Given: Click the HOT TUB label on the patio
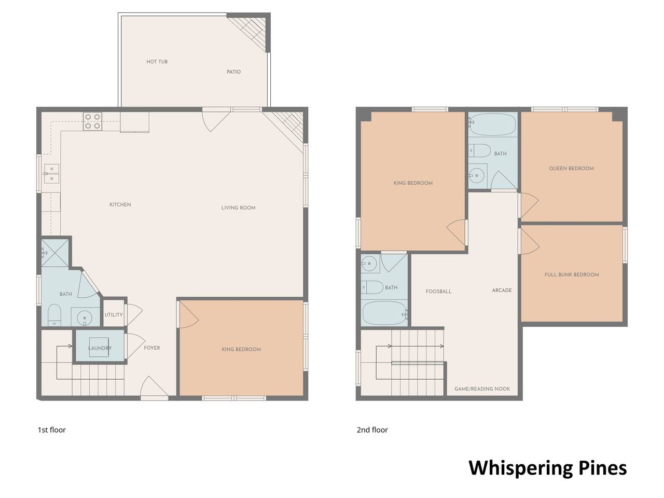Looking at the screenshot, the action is pos(157,62).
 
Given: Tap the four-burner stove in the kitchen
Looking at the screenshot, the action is pos(92,121).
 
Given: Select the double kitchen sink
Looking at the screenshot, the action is pos(51,174).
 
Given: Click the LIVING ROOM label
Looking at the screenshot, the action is pos(238,208).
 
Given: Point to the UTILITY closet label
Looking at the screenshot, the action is pos(114,315).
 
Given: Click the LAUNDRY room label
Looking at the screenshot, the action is pos(100,348).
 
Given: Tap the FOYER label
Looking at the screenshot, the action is pos(152,348).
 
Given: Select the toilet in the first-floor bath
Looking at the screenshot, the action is pos(54,315).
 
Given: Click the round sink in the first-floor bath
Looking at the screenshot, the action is pos(85,318).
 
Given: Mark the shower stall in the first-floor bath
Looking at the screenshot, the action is pos(55,253).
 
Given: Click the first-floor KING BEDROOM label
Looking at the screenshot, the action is pos(241,349).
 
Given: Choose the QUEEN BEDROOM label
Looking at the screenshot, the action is pos(571,169).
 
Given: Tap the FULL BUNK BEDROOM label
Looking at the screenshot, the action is pos(572,274).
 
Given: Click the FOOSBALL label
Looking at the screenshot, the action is pos(438,292).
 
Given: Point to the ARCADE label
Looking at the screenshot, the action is pos(502,290).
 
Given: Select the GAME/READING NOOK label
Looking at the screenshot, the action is pos(482,389).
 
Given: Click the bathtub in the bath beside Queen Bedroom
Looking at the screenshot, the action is pos(493,125).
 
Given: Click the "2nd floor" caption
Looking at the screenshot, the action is pos(372,430).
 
